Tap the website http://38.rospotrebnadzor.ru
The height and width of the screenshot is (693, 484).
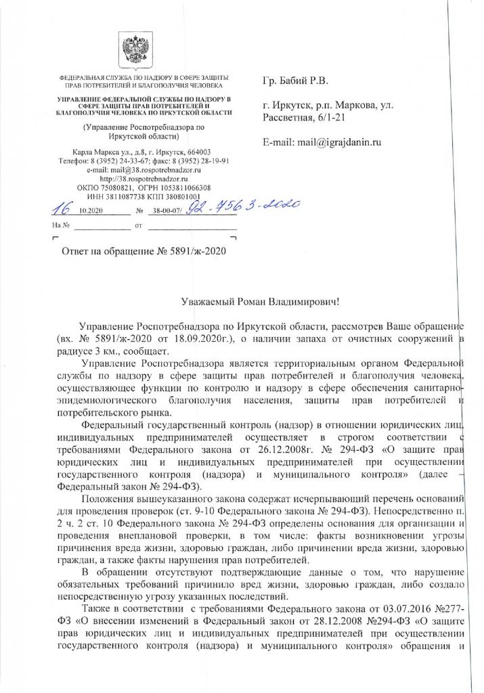point(141,179)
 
